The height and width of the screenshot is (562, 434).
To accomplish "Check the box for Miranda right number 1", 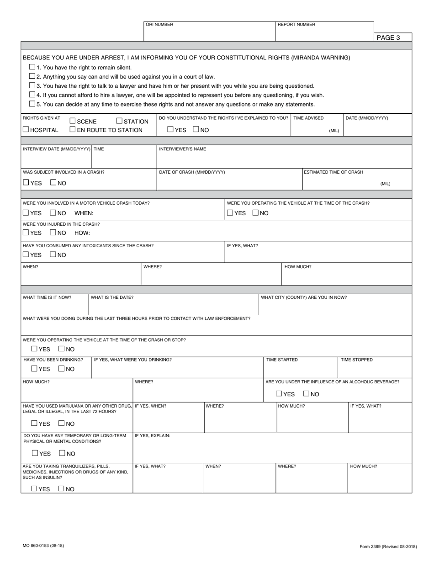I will coord(32,67).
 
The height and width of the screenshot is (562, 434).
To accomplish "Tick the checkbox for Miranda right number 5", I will coord(32,104).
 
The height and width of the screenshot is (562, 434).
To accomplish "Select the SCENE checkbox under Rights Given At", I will coord(73,121).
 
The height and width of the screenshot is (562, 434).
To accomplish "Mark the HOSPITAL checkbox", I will coord(26,130).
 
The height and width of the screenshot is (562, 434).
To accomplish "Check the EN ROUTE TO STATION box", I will coord(73,130).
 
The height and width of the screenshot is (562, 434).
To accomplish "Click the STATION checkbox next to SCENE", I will coord(119,121).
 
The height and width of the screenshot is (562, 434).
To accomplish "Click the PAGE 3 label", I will coord(388,37).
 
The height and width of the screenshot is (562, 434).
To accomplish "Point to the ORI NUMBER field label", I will coord(159,25).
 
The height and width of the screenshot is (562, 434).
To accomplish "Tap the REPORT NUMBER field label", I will coord(296,25).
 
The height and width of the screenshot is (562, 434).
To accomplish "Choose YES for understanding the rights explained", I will coord(170,130).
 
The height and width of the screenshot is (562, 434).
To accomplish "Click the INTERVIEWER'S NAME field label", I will coord(182,149).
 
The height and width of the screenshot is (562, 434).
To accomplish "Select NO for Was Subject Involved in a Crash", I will coord(53,183).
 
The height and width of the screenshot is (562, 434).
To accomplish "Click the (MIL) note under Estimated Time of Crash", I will coord(385,184).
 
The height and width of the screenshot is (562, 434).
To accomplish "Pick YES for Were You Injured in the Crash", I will coord(26,233).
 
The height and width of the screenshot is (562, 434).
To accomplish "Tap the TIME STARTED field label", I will coord(282,360).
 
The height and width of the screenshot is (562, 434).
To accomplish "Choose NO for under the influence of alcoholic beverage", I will coord(306,393).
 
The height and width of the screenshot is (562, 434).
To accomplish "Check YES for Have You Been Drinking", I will coord(34,369).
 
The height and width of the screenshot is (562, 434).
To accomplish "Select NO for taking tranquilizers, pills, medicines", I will coord(61,488).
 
